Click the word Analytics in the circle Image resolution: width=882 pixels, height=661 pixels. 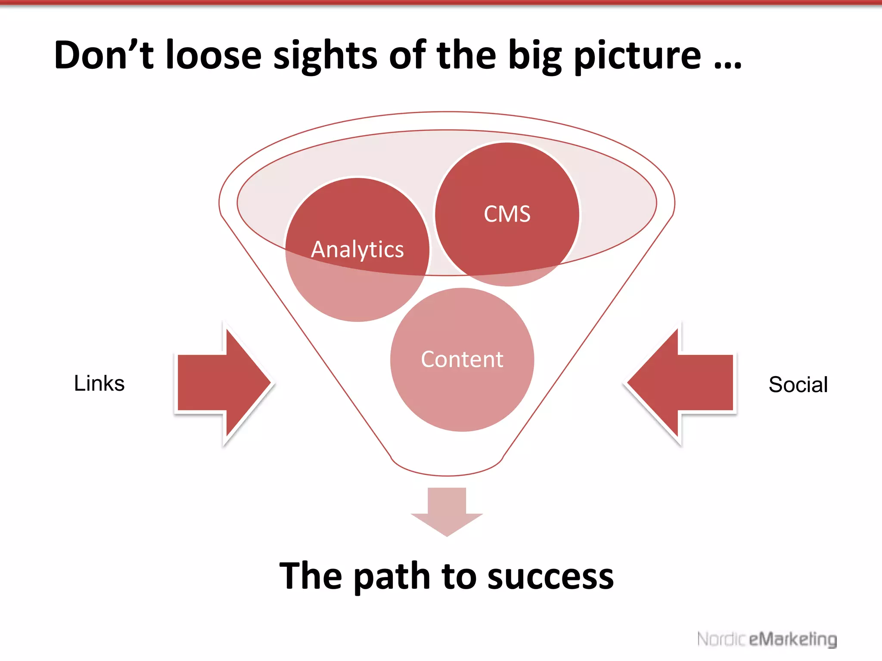click(x=357, y=250)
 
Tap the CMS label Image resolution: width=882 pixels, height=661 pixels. click(x=507, y=214)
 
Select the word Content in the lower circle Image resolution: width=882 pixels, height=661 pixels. click(x=462, y=359)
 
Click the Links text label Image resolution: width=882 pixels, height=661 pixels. click(x=99, y=383)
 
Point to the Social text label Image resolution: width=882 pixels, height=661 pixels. click(x=798, y=384)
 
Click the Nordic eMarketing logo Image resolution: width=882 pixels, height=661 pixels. click(x=767, y=639)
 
